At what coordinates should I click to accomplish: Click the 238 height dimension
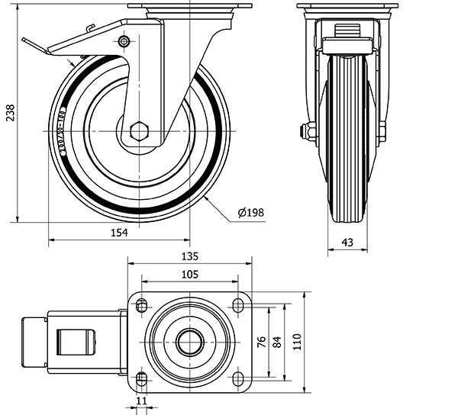[x=8, y=114]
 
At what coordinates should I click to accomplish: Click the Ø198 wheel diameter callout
[x=251, y=213]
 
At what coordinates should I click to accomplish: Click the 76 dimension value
[x=261, y=341]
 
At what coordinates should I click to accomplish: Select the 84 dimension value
[x=277, y=341]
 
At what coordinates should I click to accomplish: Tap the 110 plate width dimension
[x=296, y=341]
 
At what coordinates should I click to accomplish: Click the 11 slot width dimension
[x=140, y=399]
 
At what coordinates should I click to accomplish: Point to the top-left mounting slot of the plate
[x=141, y=305]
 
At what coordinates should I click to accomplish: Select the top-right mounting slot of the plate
[x=237, y=305]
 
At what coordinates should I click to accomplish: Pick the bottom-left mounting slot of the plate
[x=141, y=378]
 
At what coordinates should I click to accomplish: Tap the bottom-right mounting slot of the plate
[x=237, y=378]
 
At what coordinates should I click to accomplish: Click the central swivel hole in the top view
[x=189, y=342]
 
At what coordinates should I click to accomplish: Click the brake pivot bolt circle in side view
[x=123, y=40]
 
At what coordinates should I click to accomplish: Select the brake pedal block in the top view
[x=35, y=341]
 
